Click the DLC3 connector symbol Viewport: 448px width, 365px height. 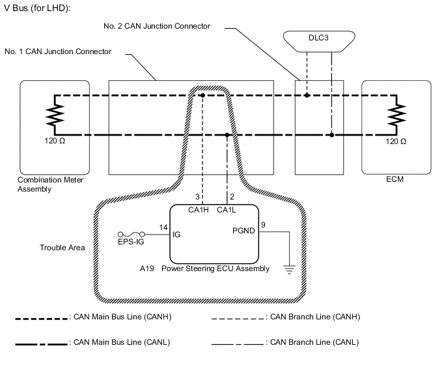click(318, 38)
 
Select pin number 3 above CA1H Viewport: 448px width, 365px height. click(197, 196)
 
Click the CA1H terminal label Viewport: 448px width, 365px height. click(199, 210)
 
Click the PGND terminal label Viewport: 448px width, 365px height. click(244, 230)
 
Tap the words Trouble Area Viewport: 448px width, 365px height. click(62, 248)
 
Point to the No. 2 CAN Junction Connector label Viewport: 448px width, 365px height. click(157, 26)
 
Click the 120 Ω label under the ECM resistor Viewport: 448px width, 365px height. click(396, 141)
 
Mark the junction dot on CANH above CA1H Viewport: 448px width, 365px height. click(203, 96)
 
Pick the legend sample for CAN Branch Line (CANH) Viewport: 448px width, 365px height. click(238, 317)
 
